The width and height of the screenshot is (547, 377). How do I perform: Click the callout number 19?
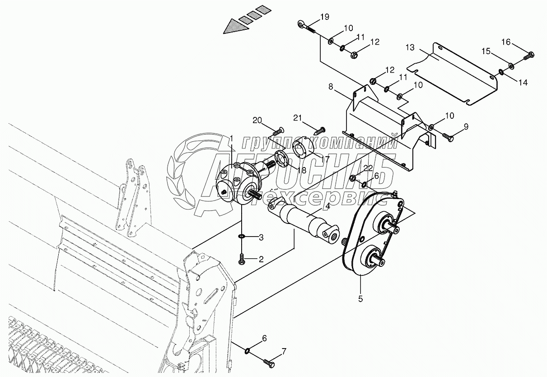point(324,17)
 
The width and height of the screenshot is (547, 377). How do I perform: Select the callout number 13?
point(410,47)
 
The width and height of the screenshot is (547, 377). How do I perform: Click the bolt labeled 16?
point(529,56)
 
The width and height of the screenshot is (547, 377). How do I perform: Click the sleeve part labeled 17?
point(300,149)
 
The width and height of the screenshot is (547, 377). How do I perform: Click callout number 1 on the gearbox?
point(231,138)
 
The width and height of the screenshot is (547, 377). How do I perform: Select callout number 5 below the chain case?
point(360,298)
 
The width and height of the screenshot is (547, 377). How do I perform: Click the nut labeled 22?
point(353,178)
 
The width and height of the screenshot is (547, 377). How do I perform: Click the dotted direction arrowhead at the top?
point(235,26)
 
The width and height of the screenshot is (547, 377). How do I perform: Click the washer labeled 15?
point(511,66)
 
